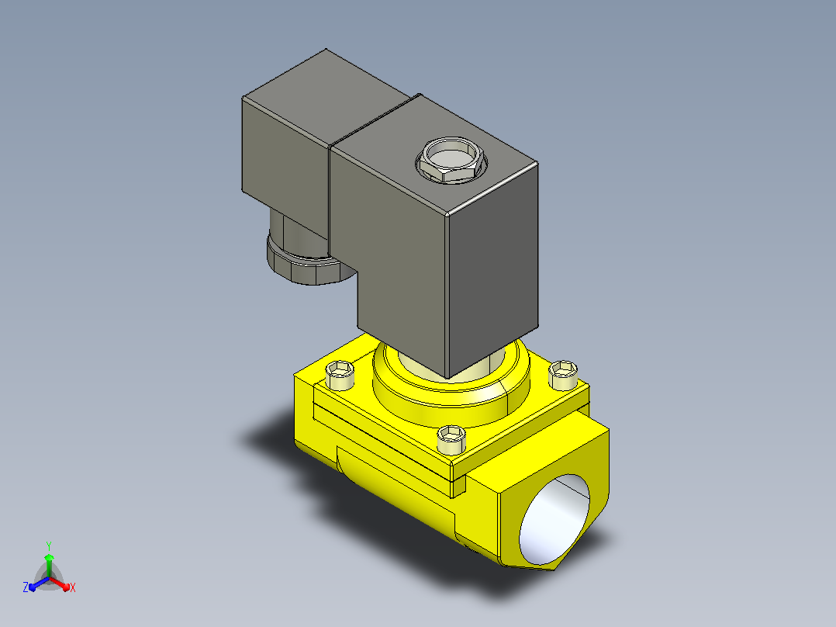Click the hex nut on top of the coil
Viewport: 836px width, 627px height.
(x=451, y=160)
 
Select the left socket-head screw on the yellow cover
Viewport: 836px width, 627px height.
(x=340, y=374)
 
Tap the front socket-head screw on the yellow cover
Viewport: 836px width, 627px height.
(x=451, y=439)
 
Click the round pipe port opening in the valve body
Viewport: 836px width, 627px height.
(x=554, y=519)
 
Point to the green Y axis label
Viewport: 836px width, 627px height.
(x=49, y=546)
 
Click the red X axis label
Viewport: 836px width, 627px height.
(x=73, y=587)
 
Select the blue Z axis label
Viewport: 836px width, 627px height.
(x=26, y=587)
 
